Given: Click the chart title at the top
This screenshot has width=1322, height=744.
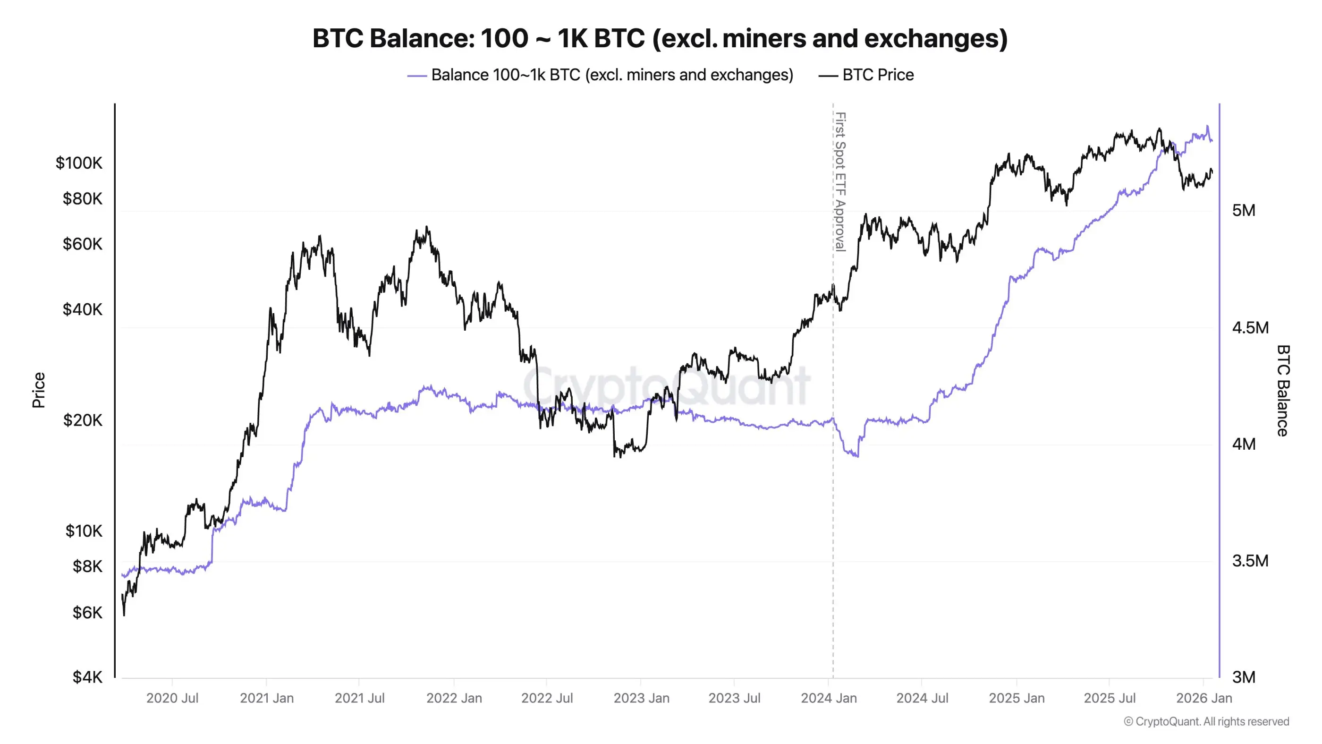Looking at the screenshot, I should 660,39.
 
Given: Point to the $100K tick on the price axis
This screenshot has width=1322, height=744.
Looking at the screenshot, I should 78,163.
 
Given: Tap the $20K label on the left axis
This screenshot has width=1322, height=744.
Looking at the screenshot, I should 82,420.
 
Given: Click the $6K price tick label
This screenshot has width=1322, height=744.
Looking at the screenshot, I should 87,613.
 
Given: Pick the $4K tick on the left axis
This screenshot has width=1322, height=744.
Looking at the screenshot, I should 87,677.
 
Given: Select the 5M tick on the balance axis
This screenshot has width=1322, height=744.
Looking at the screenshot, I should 1244,211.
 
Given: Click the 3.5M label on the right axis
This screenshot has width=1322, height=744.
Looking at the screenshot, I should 1250,561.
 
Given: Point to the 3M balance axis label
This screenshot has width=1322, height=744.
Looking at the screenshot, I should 1244,677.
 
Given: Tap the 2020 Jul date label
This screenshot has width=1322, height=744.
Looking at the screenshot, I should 172,698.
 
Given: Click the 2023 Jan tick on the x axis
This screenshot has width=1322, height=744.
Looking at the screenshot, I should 641,698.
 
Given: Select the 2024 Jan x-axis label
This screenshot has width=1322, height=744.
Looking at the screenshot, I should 828,698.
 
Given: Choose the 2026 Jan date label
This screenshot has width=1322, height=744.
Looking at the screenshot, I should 1203,698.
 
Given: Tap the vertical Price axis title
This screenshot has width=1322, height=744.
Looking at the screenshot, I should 39,390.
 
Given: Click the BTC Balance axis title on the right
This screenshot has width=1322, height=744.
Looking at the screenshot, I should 1282,390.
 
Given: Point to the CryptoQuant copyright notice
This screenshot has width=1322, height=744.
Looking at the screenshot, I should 1206,721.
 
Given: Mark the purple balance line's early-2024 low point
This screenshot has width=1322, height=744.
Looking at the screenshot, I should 856,455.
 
